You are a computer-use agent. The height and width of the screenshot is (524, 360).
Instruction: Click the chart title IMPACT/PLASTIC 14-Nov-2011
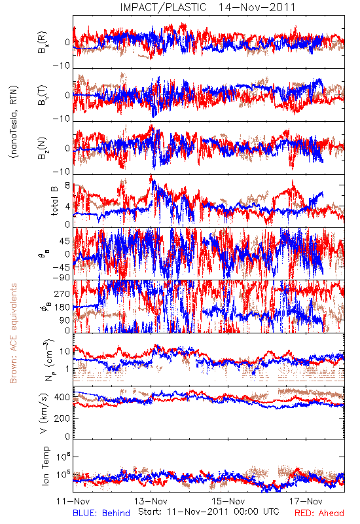(207, 7)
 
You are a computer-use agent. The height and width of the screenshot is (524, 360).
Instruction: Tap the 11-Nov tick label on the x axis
(73, 501)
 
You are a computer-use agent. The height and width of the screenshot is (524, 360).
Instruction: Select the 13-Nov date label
(151, 501)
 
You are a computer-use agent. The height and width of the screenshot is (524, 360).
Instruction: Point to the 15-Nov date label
(228, 501)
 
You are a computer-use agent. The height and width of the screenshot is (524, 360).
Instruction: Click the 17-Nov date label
(306, 501)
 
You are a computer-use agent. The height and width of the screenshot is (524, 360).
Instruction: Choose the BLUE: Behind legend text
(101, 513)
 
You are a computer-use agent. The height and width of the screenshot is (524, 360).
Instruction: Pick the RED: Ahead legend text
(319, 513)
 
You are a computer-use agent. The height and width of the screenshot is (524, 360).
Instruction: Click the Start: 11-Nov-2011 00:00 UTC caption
(209, 512)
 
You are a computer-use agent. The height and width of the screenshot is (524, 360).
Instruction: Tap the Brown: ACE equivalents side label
(13, 333)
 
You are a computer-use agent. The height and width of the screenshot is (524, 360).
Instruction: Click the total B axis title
(54, 201)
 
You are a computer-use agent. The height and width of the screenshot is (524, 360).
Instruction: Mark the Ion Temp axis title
(45, 466)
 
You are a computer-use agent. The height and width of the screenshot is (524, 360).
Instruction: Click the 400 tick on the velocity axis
(62, 398)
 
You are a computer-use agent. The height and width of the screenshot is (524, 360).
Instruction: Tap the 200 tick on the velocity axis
(62, 418)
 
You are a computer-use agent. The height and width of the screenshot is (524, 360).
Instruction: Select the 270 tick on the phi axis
(62, 294)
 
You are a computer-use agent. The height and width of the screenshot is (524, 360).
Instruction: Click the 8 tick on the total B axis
(67, 185)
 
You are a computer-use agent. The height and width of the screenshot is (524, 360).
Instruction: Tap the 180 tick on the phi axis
(62, 307)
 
